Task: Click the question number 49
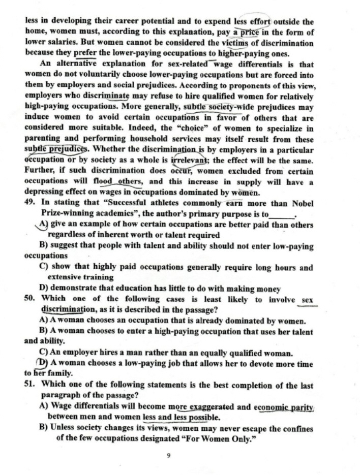(x=29, y=204)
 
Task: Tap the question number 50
(x=29, y=300)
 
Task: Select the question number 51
(x=29, y=385)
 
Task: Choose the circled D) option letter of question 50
(x=43, y=363)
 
